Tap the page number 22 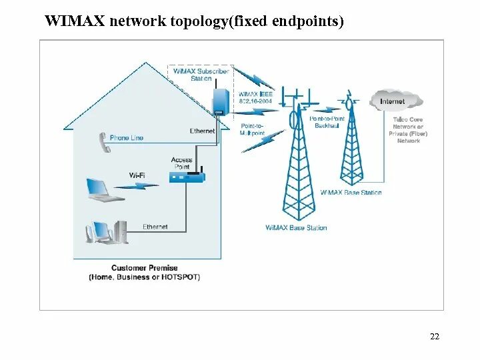(x=434, y=337)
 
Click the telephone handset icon (x=104, y=142)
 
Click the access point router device (x=187, y=177)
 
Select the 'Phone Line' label (x=127, y=138)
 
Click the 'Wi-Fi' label (x=137, y=175)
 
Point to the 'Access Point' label (x=181, y=163)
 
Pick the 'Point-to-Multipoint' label (x=252, y=129)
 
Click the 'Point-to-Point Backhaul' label (x=327, y=123)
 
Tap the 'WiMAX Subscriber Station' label (x=201, y=75)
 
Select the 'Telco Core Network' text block (x=408, y=130)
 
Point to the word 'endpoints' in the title (x=308, y=22)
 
